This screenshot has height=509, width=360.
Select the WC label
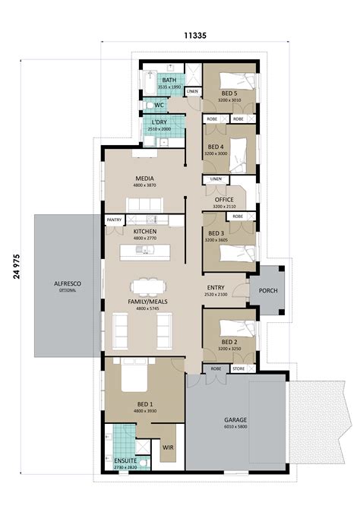pyautogui.click(x=159, y=105)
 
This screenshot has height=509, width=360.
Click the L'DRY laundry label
pyautogui.click(x=159, y=122)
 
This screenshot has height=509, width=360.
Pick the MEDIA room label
pyautogui.click(x=145, y=179)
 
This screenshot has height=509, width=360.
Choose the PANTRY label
pyautogui.click(x=114, y=220)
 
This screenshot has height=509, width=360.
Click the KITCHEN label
pyautogui.click(x=145, y=231)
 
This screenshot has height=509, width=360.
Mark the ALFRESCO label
pyautogui.click(x=68, y=283)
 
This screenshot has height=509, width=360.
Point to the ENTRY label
pyautogui.click(x=216, y=287)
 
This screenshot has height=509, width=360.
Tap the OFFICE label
pyautogui.click(x=223, y=200)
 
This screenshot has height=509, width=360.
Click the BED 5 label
pyautogui.click(x=229, y=93)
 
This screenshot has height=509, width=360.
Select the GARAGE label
pyautogui.click(x=235, y=419)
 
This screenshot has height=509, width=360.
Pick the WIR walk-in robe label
pyautogui.click(x=168, y=448)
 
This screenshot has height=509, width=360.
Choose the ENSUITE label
pyautogui.click(x=125, y=460)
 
